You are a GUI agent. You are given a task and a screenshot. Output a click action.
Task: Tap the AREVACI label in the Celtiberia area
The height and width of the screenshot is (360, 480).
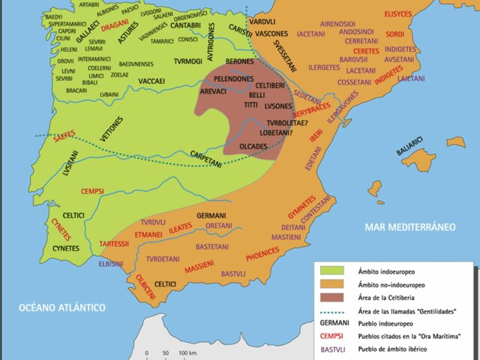[x=218, y=91]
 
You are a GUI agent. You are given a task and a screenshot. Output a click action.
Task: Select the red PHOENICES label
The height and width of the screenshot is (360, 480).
[x=262, y=254]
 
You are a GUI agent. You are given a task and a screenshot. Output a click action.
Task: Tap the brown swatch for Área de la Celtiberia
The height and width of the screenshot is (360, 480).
[x=331, y=298]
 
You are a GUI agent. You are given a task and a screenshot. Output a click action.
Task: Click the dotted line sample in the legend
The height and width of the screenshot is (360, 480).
[x=331, y=312]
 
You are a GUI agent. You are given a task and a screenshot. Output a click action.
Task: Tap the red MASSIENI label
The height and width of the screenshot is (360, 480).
[x=199, y=266]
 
